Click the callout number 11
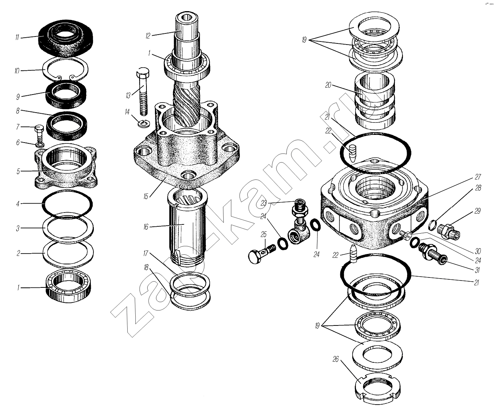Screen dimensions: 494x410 pos(17,38)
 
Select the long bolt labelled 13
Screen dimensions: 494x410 pos(143,91)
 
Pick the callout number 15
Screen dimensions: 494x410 pos(145,196)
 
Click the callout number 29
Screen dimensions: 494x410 pos(477,211)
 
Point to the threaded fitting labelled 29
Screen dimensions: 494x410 pos(449,232)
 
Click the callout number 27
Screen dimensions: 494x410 pos(478,177)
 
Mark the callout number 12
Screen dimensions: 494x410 pos(148,36)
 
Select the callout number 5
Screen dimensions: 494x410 pos(18,171)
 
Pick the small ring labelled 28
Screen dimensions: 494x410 pos(432,225)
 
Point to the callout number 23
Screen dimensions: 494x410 pos(263,203)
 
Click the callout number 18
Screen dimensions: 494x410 pos(146,267)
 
